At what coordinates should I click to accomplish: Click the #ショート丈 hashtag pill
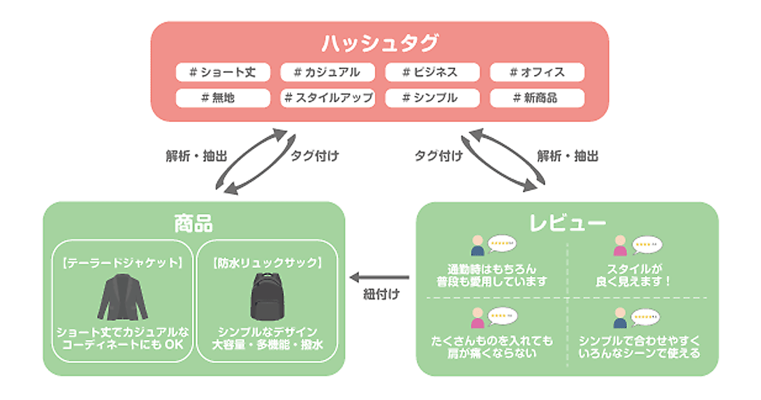coord(223,72)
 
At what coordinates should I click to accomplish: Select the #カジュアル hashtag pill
coord(327,72)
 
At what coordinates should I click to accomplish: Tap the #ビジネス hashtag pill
coord(432,72)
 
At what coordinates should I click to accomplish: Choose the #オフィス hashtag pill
coord(537,72)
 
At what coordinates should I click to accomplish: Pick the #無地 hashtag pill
coord(223,98)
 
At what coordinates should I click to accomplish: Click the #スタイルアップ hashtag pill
coord(327,98)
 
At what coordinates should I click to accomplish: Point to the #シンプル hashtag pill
coord(432,98)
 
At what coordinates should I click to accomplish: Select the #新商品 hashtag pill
coord(537,98)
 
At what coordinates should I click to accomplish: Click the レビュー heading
coord(567,223)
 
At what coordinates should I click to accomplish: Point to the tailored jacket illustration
coord(122,298)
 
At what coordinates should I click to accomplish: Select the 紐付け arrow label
coord(381,295)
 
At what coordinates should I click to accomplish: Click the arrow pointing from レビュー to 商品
coord(380,277)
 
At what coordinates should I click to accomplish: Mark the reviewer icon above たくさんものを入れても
coord(478,316)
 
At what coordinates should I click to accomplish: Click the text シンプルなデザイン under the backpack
coord(267,332)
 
